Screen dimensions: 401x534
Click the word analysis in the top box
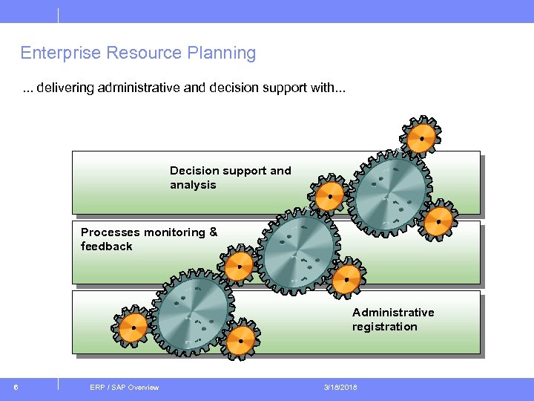coord(193,185)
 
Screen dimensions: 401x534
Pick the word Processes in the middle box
coord(111,232)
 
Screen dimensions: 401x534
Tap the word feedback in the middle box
coord(106,247)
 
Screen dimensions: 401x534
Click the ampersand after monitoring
coord(214,232)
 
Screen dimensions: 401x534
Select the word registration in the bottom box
coord(384,327)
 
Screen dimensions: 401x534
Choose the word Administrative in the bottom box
coord(393,313)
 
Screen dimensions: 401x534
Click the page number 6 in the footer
coord(16,387)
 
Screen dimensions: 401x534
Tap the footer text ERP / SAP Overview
coord(124,387)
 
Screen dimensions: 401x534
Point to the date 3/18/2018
coord(340,387)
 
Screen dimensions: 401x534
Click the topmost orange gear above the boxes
coord(421,138)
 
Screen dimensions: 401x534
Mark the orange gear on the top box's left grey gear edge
coord(329,196)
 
